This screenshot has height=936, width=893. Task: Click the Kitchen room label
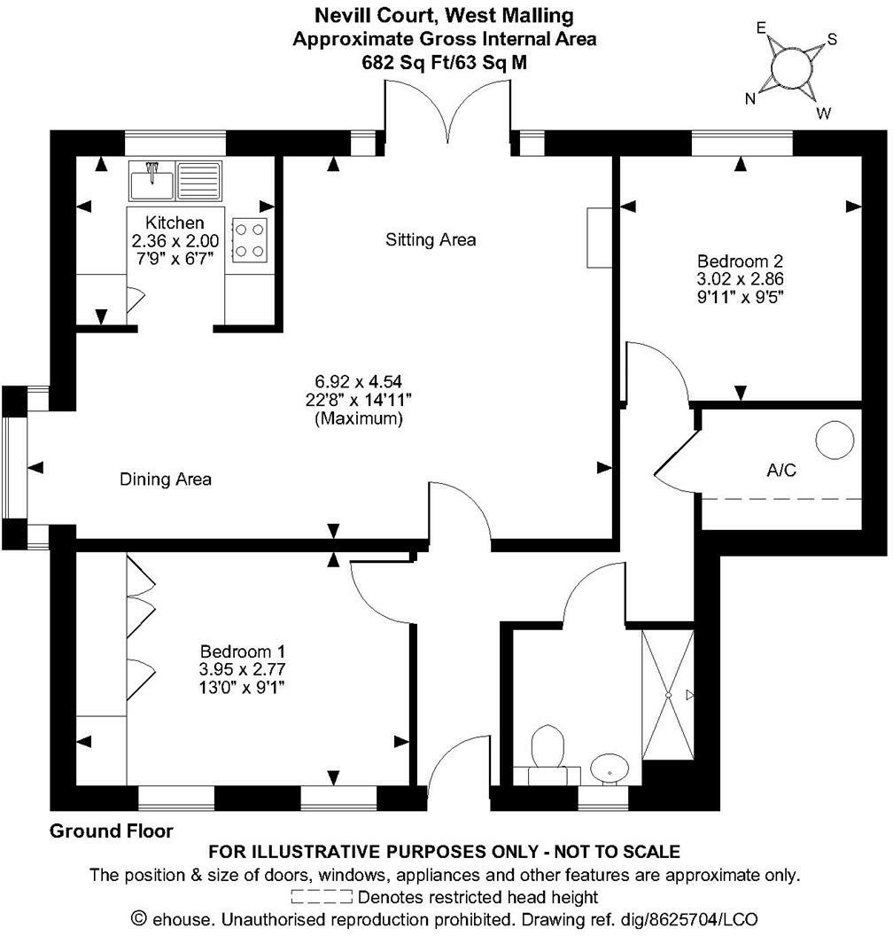[175, 222]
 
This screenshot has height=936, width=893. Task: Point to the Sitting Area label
[431, 239]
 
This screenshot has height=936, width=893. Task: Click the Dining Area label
[166, 480]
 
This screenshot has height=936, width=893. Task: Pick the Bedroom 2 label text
[741, 261]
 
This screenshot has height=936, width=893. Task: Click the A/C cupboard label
[782, 470]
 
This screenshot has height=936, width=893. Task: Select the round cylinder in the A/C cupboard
[835, 441]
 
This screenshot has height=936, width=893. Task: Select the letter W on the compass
[823, 113]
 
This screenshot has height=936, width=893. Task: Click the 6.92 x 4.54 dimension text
[359, 382]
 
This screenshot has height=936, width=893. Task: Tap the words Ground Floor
[112, 831]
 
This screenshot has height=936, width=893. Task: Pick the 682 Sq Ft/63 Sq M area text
[445, 63]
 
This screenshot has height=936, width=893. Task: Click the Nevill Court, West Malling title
[445, 15]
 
